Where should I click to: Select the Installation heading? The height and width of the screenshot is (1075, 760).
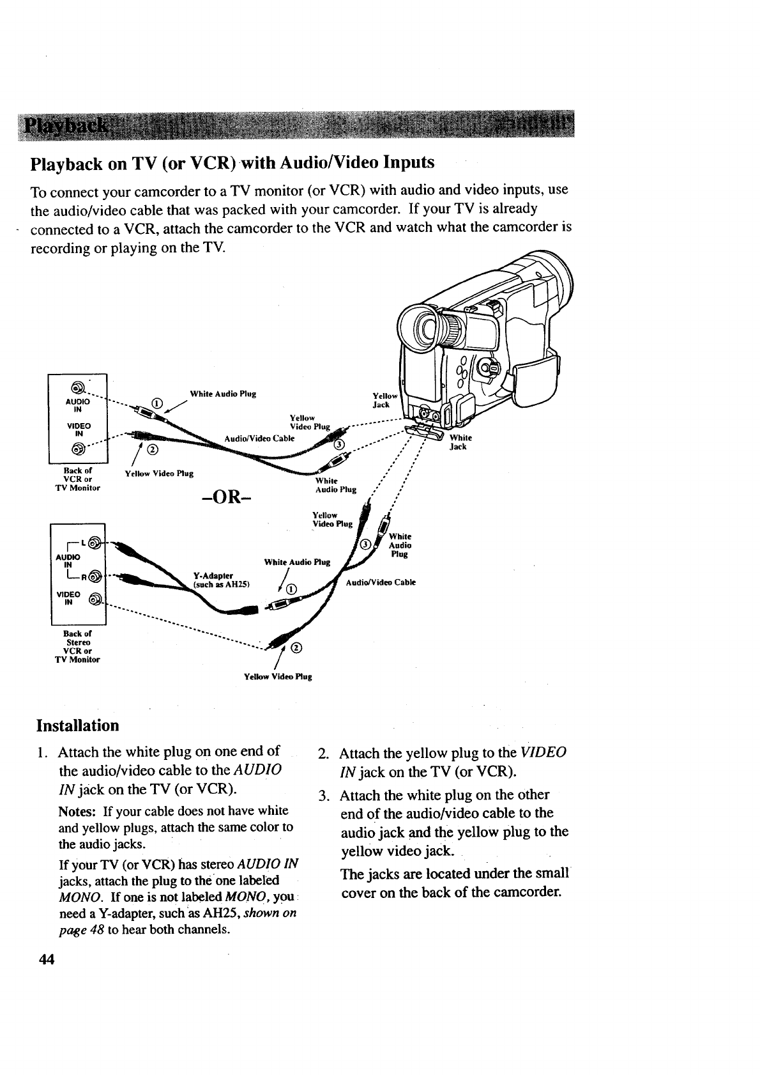[x=78, y=725]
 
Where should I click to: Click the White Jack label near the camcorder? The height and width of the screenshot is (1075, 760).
[x=460, y=442]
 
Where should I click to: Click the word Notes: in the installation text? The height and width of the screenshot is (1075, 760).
[x=79, y=811]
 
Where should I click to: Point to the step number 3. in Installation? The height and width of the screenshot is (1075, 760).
[x=324, y=796]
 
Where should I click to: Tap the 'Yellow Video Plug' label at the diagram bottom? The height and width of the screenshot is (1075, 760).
[x=278, y=676]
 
